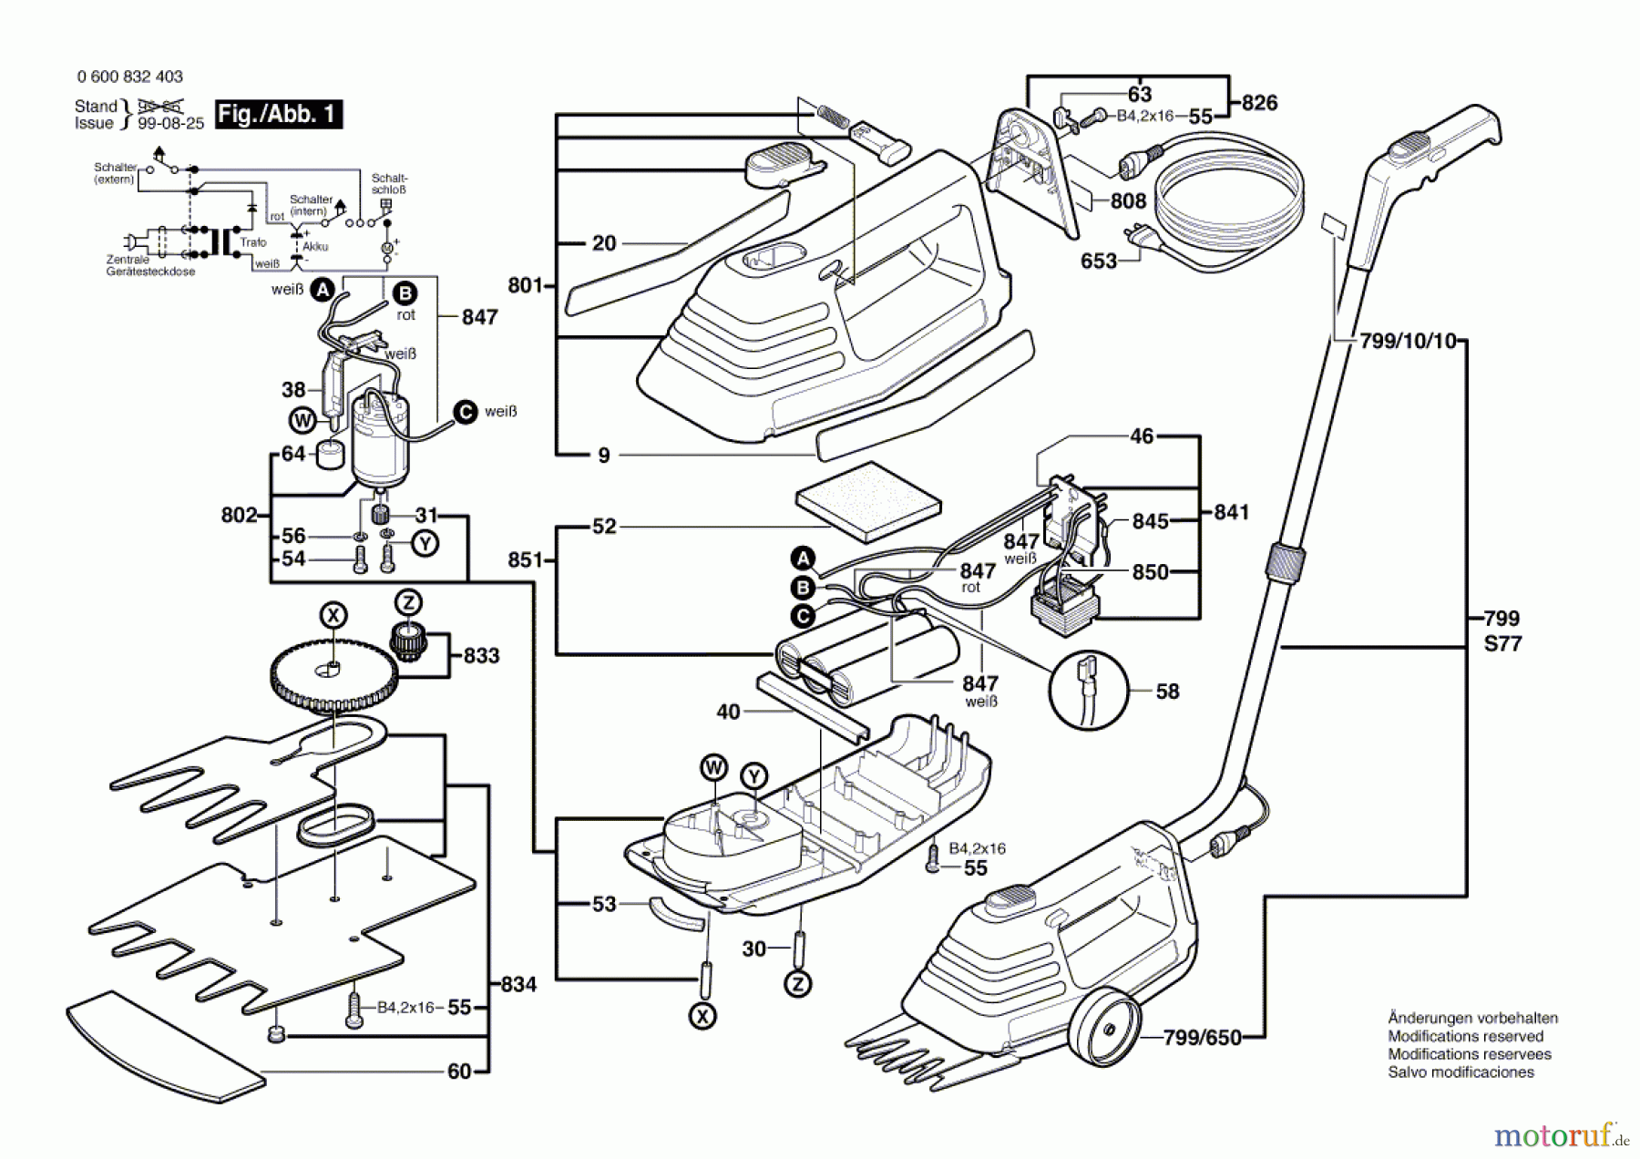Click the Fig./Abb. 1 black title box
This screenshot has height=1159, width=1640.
point(278,115)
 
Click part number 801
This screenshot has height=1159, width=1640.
point(525,285)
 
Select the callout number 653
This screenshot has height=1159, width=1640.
point(1098,262)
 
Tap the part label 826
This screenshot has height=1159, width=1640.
point(1259,103)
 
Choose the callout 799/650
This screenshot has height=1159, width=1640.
point(1202,1038)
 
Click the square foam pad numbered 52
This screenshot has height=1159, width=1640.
point(867,500)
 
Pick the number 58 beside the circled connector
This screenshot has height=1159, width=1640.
point(1167,692)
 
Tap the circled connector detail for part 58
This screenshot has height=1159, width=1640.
point(1089,690)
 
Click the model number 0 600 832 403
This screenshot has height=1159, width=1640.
point(130,77)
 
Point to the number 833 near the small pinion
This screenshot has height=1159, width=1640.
point(481,656)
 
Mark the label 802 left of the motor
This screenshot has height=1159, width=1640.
point(239,515)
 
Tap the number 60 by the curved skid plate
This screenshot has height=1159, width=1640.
point(459,1072)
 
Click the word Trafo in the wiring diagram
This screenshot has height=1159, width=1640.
point(253,242)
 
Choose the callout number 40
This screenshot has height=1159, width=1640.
point(728,712)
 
